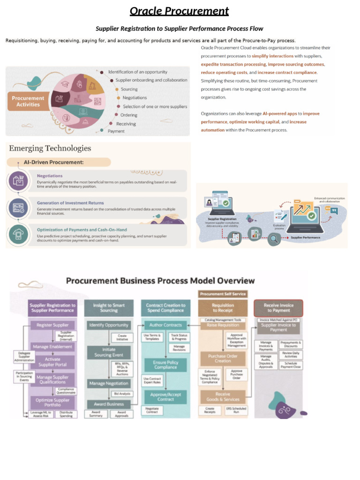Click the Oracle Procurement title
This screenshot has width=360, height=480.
pos(179,11)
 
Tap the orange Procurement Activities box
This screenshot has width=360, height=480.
pos(28,101)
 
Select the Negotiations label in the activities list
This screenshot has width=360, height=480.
pos(135,97)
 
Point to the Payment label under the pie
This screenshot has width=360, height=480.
pos(116,131)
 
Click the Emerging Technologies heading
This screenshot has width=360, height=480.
pos(50,148)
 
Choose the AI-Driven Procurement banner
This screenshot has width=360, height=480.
pos(60,162)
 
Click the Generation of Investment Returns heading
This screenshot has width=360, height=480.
pos(70,202)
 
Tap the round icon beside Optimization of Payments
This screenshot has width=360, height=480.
pos(18,235)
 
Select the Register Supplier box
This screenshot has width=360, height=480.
pos(52,325)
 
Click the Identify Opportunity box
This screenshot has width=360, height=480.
pos(108,325)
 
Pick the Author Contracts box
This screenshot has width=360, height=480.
pos(165,325)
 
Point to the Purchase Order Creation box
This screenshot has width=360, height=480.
pos(223,359)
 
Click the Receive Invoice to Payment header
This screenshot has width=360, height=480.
pos(278,307)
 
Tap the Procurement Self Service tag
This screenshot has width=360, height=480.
pos(223,294)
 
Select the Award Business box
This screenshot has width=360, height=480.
pos(108,404)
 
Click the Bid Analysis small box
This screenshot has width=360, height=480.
pos(122,394)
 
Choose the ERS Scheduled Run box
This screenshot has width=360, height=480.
pos(236,410)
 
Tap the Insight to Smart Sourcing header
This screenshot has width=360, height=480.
pos(108,307)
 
